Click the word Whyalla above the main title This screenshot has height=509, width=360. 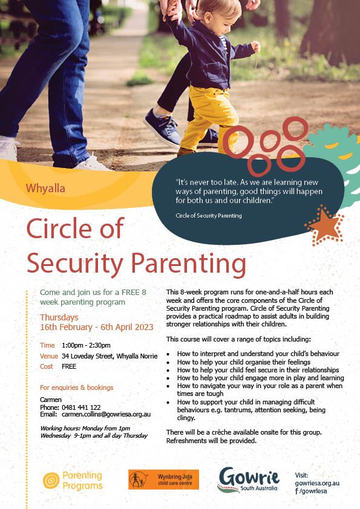(x=45, y=188)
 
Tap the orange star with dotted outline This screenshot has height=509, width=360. (x=324, y=225)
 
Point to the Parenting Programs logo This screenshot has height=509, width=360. (x=73, y=480)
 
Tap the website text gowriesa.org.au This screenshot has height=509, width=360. (x=317, y=483)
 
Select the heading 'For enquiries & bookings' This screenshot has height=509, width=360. (x=76, y=387)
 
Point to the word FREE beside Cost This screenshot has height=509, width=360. (x=69, y=366)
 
